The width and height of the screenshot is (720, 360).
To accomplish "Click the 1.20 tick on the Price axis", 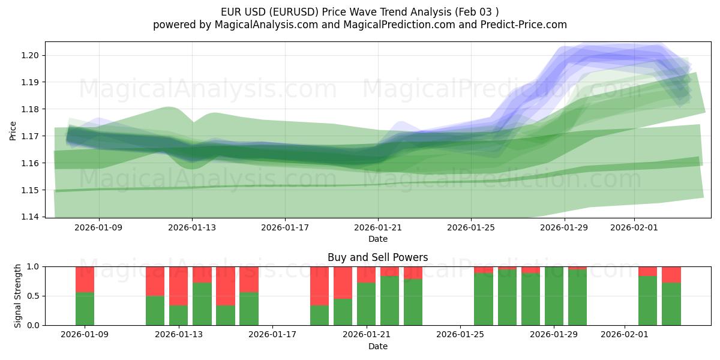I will tap(31, 55).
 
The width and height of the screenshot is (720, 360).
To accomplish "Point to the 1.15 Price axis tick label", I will tap(31, 190).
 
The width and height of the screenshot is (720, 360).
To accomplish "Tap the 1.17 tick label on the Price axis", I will tap(31, 136).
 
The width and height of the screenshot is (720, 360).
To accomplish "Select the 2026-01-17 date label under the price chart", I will tap(285, 228).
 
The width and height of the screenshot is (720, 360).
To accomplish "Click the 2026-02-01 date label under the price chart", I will tap(634, 228).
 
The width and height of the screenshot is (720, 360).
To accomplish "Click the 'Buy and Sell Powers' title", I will tap(377, 257).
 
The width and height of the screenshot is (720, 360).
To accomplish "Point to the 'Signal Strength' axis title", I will tap(18, 296).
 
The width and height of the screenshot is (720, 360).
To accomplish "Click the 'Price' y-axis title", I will tap(13, 130).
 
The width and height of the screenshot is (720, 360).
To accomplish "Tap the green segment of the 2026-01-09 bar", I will tap(85, 308).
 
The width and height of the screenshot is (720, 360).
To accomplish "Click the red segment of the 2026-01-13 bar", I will tap(178, 286).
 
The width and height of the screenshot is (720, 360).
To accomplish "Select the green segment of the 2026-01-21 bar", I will tap(366, 304).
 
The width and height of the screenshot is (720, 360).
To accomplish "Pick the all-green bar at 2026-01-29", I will tap(554, 296).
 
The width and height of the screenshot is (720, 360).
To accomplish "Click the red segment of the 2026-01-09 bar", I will tap(85, 279).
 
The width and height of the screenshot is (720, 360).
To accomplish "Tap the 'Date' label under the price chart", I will tap(377, 239).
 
